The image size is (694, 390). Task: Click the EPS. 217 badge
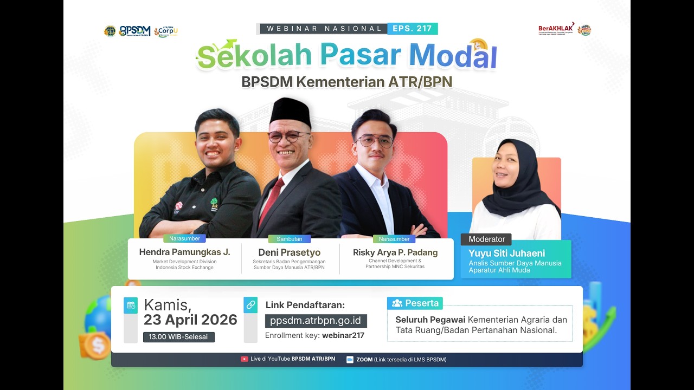[x=413, y=29]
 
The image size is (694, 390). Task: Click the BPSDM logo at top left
[x=134, y=31]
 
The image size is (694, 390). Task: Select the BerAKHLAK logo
[x=556, y=29]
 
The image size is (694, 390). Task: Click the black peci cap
[x=291, y=112]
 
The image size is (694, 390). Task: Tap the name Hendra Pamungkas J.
[x=184, y=252]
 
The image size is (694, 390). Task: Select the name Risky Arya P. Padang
[x=395, y=252]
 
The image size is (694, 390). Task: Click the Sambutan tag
[x=289, y=239]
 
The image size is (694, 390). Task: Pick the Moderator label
[x=486, y=239]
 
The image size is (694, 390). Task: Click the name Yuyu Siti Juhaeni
[x=507, y=253]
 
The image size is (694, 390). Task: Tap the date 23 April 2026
[x=190, y=320]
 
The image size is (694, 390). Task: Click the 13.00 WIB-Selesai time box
[x=179, y=337]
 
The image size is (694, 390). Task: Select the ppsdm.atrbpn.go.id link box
[x=316, y=321]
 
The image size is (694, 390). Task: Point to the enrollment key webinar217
[x=343, y=336]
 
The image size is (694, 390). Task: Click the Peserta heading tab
[x=415, y=303]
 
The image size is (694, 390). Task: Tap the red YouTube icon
[x=245, y=359]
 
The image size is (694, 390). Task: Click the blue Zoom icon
[x=350, y=360]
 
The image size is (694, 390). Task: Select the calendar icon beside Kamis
[x=131, y=305]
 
